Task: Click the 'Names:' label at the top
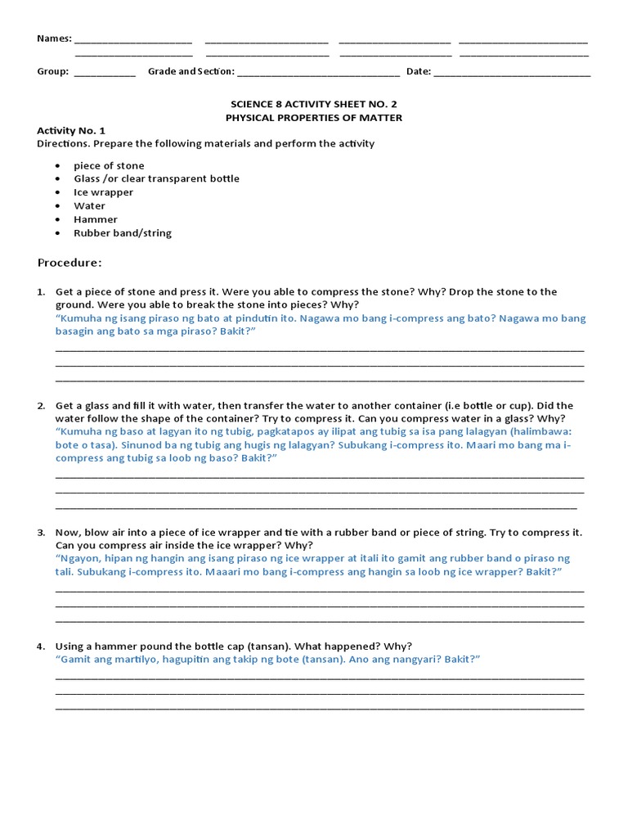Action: coord(54,38)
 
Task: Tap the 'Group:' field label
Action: coord(53,71)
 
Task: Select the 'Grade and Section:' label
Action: coord(191,71)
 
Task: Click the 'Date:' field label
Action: coord(418,71)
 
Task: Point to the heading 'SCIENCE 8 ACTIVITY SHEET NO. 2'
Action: coord(314,105)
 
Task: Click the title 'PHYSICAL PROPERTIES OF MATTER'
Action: coord(314,118)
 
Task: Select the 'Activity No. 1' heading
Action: coord(71,131)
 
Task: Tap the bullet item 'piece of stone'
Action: coord(109,165)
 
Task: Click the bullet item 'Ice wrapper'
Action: coord(103,192)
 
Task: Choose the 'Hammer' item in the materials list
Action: coord(96,219)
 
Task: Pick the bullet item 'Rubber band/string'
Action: coord(123,233)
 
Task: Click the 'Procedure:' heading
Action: coord(70,263)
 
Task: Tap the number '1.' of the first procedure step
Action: coord(41,292)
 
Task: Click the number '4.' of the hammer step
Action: coord(41,647)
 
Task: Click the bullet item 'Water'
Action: coord(89,206)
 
